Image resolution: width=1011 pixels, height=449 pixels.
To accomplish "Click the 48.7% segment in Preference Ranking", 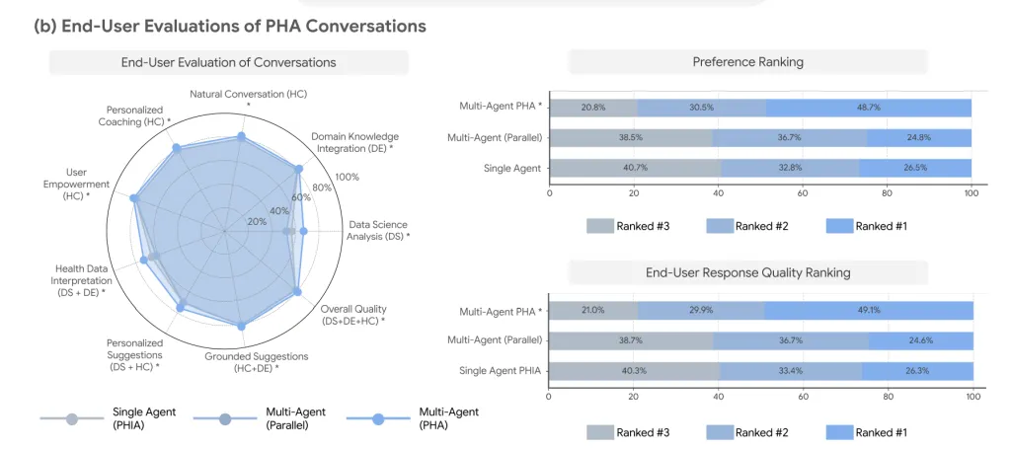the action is (869, 108).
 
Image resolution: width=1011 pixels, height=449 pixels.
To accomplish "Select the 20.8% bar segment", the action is (593, 108).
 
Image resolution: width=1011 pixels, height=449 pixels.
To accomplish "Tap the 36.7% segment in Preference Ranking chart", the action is (790, 138).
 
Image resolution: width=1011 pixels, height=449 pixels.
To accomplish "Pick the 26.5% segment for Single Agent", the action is (915, 168).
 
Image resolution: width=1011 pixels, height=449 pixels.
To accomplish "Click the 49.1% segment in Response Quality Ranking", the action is (869, 310).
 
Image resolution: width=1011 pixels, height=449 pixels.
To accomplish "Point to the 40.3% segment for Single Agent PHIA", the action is (634, 371).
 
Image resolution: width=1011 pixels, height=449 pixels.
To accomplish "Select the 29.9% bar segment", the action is (702, 310).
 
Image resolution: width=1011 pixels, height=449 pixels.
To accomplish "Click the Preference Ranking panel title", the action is (748, 62).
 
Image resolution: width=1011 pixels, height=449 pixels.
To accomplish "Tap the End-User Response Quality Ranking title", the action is (748, 272).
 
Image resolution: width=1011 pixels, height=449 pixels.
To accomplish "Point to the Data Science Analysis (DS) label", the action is (378, 231).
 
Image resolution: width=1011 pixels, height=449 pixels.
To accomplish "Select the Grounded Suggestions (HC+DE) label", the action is (256, 362).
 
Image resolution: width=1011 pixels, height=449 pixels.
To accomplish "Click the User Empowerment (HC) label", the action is (77, 185).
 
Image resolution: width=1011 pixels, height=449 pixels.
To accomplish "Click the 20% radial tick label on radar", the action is (257, 222).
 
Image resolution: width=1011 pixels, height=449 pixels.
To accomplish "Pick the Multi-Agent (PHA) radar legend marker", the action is (378, 418).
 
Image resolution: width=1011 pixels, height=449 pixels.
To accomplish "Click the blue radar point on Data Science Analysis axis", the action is (304, 231).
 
